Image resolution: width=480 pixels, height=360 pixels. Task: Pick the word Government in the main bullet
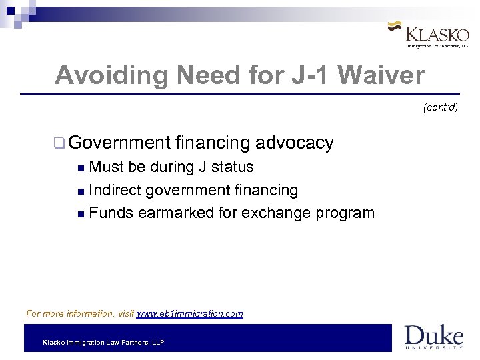pos(120,143)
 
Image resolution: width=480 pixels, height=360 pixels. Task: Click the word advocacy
pos(294,143)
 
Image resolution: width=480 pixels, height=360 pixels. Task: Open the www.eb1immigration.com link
pos(190,313)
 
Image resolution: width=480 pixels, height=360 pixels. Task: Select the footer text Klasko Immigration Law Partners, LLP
pos(103,342)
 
